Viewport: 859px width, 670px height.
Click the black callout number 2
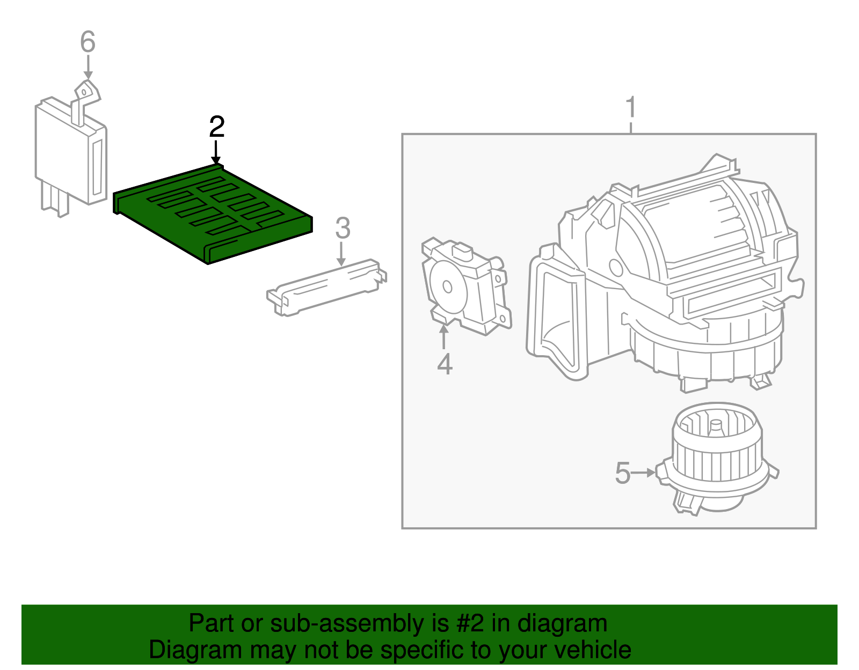coord(216,127)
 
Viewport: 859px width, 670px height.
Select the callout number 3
coord(343,229)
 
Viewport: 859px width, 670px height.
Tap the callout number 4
coord(445,364)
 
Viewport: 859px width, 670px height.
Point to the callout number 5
coord(622,473)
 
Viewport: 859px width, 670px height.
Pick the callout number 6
coord(88,42)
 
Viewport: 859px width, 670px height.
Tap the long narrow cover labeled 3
coord(326,287)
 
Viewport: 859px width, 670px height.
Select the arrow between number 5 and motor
coord(643,473)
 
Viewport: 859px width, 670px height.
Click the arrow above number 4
coord(444,336)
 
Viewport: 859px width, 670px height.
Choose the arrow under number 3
coord(341,253)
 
